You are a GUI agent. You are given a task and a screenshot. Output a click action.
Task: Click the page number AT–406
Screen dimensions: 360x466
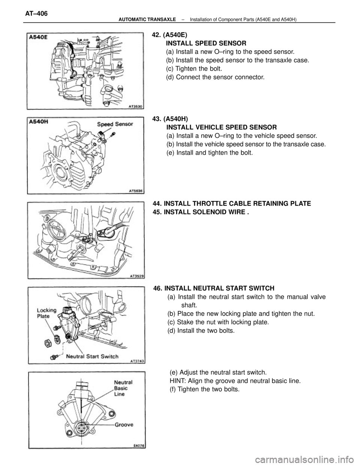tap(36, 14)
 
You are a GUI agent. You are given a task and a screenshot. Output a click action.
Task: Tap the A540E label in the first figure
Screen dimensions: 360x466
tap(38, 37)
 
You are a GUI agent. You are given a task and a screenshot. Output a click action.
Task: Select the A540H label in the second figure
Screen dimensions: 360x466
tap(39, 122)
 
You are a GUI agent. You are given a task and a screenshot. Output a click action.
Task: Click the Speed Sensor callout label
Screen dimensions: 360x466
tap(115, 124)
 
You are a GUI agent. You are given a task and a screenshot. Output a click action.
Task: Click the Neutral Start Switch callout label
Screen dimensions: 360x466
tap(92, 357)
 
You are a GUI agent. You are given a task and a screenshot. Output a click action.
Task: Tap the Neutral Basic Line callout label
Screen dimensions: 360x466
tap(123, 388)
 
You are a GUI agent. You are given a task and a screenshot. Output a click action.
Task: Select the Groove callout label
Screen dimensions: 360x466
tap(124, 424)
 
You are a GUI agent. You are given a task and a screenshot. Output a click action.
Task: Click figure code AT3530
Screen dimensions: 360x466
tap(136, 106)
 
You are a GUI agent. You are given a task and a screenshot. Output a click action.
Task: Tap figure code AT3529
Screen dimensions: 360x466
tap(137, 276)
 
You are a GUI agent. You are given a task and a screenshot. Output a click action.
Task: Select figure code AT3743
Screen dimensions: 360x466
tap(138, 361)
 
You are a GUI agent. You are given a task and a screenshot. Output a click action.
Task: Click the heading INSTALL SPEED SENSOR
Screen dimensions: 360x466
tap(206, 43)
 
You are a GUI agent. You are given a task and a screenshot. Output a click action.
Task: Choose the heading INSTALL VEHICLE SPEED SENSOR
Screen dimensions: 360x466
tap(222, 127)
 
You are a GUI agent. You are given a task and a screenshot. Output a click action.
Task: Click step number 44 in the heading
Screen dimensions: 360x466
tap(157, 203)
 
